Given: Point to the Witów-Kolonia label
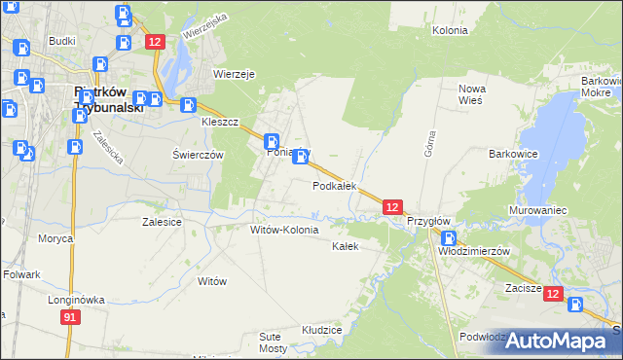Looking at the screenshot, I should (284, 231).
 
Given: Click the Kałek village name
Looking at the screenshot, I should (346, 246).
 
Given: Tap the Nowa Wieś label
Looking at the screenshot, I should (471, 94).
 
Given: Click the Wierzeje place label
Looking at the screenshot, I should (234, 73).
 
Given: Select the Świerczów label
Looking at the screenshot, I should (198, 155).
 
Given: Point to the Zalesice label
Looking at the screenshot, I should (162, 222).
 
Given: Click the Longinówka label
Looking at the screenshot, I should (76, 300).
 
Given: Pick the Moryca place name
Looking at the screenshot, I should (55, 238).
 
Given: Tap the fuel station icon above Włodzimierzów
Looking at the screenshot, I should (448, 237).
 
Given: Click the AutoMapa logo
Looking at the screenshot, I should (556, 341).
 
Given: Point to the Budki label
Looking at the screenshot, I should (61, 41).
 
